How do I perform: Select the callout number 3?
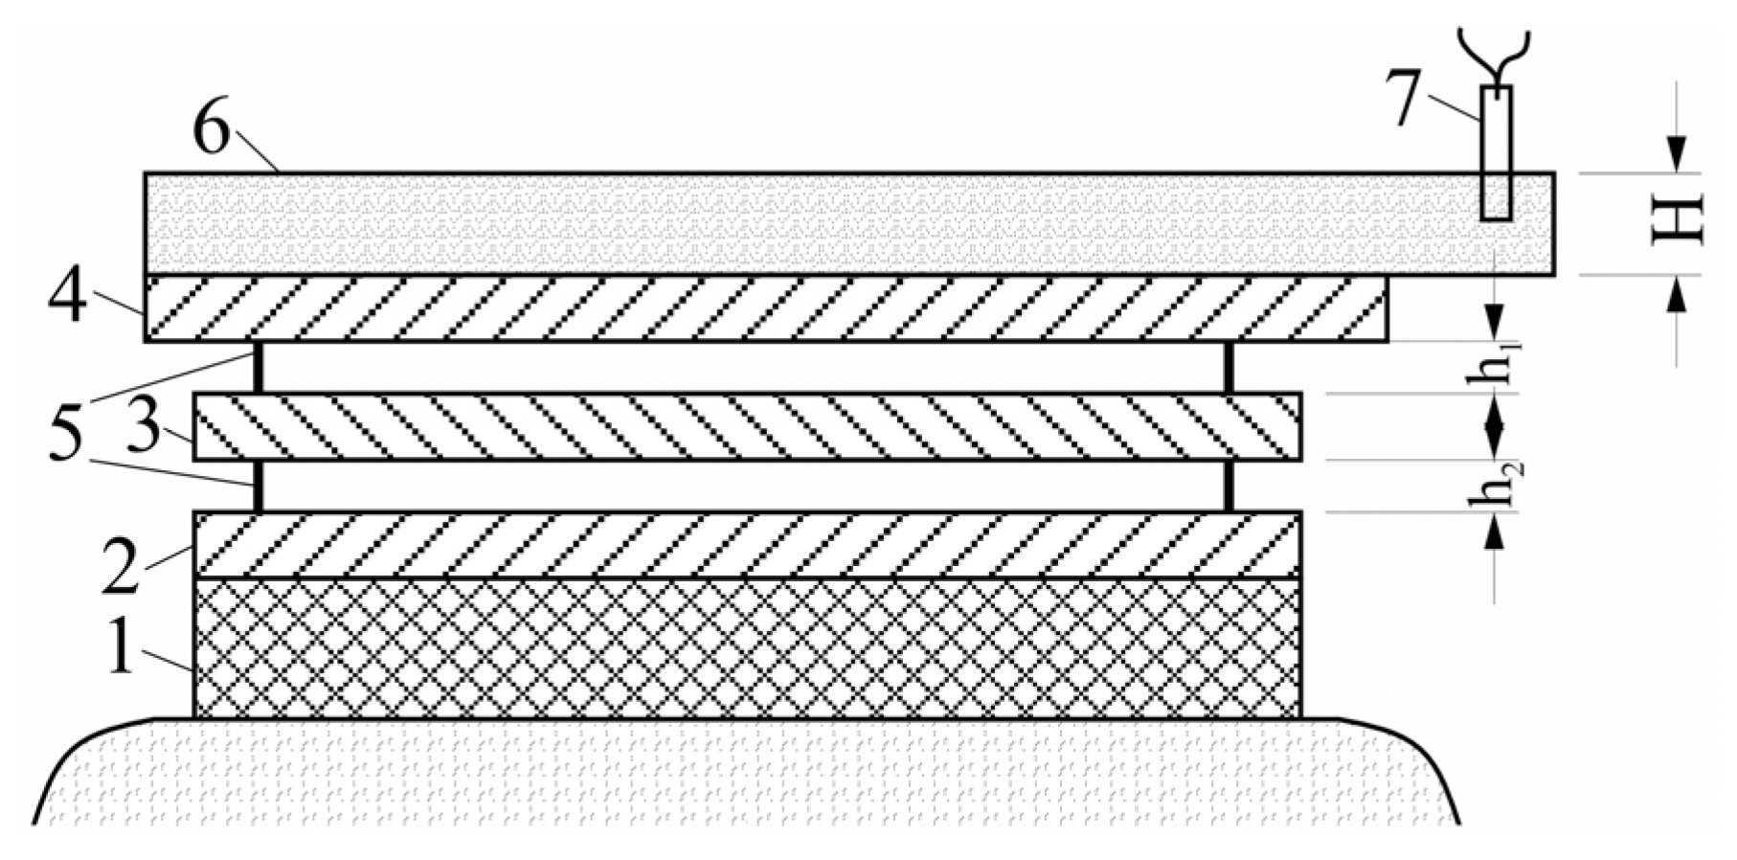pos(144,428)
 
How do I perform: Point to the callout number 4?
pos(68,295)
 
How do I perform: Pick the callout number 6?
pos(212,131)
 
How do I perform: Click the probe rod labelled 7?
pos(1496,153)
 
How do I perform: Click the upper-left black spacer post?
pos(259,367)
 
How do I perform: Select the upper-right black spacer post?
pos(1229,367)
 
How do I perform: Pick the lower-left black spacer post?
pos(259,486)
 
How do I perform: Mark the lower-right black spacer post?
pos(1229,486)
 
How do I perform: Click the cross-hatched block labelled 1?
pos(747,647)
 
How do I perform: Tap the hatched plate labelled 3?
pos(747,426)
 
